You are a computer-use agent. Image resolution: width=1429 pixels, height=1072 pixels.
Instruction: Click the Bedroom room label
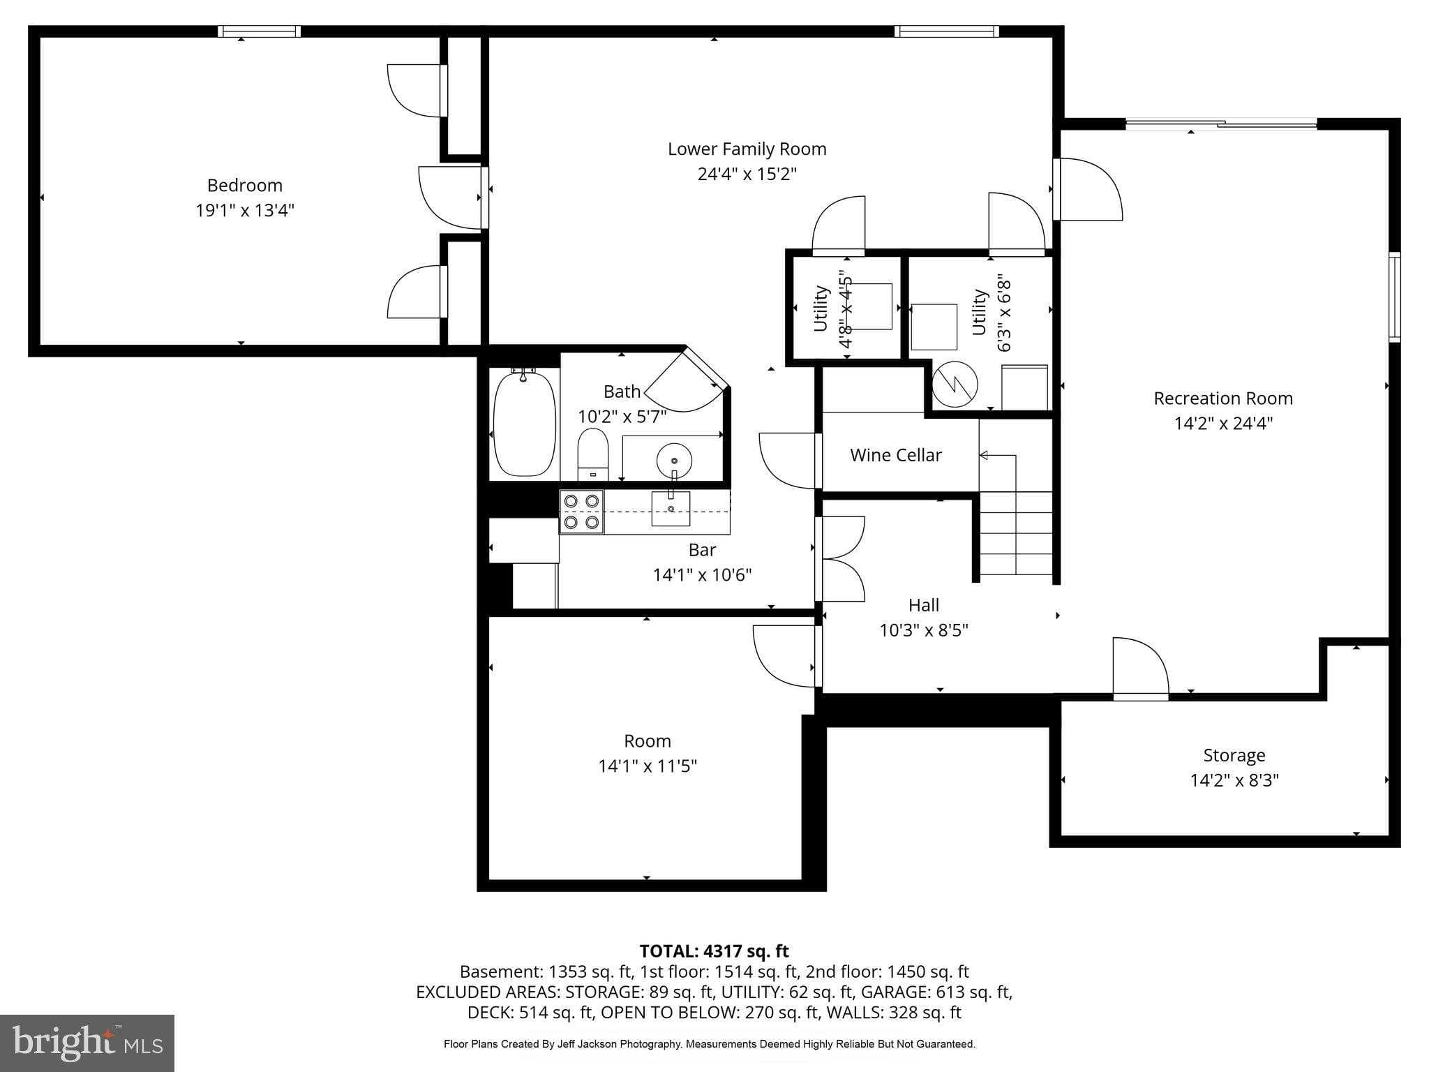pyautogui.click(x=244, y=186)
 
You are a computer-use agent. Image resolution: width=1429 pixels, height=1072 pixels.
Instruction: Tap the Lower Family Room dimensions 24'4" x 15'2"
pyautogui.click(x=747, y=174)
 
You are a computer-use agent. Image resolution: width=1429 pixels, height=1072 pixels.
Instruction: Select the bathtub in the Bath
pyautogui.click(x=525, y=424)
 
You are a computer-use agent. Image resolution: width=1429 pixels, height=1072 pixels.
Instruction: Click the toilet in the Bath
pyautogui.click(x=593, y=452)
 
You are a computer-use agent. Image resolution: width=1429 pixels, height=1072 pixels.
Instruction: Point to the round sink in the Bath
pyautogui.click(x=674, y=461)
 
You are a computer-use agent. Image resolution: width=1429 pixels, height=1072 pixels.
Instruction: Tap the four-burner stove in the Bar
pyautogui.click(x=581, y=512)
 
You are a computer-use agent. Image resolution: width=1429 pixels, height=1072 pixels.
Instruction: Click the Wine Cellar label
pyautogui.click(x=896, y=455)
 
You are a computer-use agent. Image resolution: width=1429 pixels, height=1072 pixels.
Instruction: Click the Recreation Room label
pyautogui.click(x=1222, y=399)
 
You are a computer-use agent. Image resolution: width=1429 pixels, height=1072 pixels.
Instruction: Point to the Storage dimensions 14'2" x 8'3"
pyautogui.click(x=1234, y=780)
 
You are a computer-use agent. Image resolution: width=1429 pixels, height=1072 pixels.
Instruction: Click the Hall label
pyautogui.click(x=923, y=605)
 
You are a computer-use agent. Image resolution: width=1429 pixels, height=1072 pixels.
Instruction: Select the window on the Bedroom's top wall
pyautogui.click(x=259, y=31)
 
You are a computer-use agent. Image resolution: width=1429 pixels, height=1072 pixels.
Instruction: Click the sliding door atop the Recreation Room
pyautogui.click(x=1221, y=124)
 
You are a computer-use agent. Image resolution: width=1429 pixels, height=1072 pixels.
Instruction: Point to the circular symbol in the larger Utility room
pyautogui.click(x=955, y=384)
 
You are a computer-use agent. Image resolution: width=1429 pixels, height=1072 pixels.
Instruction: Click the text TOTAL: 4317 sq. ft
pyautogui.click(x=714, y=951)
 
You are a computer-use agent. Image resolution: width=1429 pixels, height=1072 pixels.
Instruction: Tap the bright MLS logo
pyautogui.click(x=87, y=1043)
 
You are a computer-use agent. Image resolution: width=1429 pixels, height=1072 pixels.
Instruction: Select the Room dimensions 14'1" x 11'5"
pyautogui.click(x=647, y=766)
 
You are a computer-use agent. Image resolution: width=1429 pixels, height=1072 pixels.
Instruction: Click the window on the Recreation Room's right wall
pyautogui.click(x=1393, y=297)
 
